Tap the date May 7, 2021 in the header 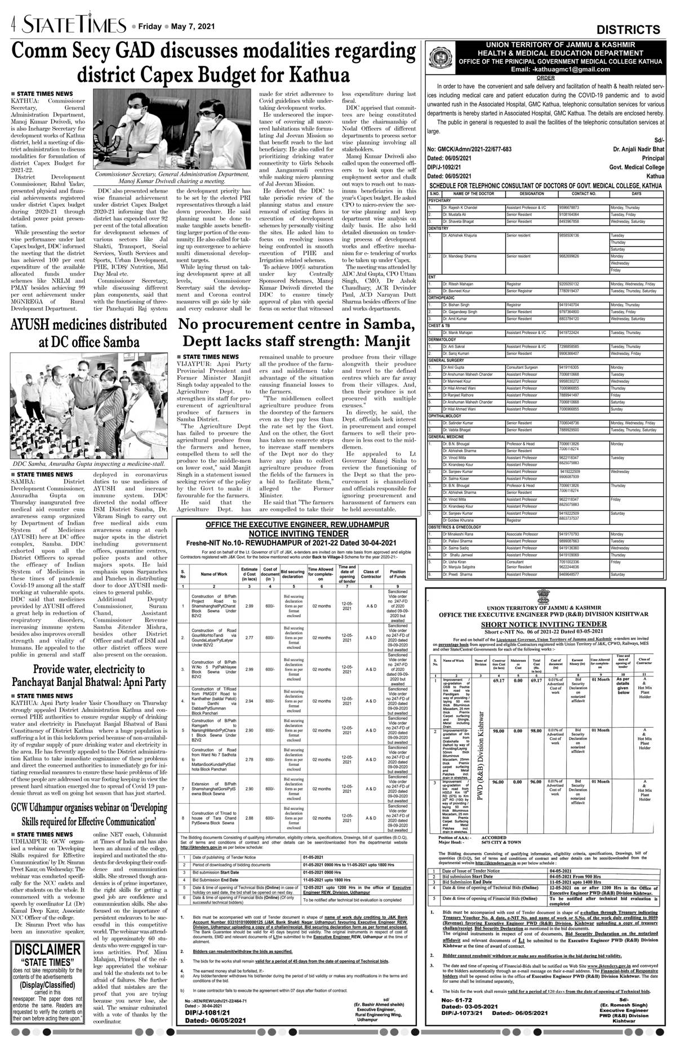click(197, 26)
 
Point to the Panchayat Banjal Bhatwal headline click(88, 676)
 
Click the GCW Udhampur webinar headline click(88, 814)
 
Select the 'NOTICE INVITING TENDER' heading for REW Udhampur click(297, 533)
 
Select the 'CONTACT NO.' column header click(584, 193)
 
